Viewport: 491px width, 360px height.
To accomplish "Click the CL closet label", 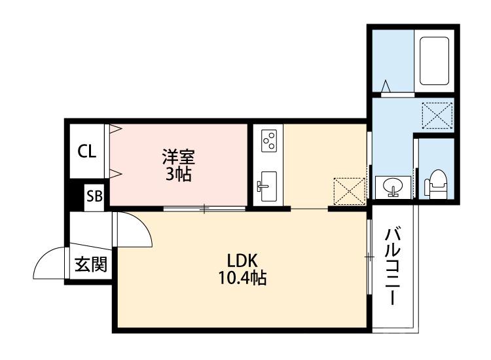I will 87,152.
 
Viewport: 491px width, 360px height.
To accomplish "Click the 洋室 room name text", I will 178,158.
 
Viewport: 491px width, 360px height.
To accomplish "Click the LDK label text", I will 242,260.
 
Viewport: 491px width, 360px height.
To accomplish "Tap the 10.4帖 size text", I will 242,278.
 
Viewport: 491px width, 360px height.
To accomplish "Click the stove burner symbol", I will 268,140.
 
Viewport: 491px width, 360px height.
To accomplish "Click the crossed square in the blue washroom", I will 438,116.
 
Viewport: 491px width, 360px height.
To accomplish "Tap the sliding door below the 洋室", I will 204,209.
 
